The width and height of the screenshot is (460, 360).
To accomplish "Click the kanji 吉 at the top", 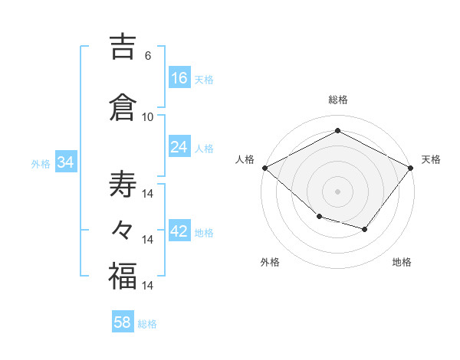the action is point(123,47).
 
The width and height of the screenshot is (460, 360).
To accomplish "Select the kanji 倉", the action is point(123,107).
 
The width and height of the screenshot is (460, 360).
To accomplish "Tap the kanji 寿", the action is point(123,184).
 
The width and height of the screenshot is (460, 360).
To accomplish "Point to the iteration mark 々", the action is point(122,230).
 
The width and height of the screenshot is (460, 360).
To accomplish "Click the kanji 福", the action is point(123,276).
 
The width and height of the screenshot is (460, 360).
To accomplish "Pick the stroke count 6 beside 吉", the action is point(148,56).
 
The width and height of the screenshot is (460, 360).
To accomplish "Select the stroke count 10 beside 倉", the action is point(147,117).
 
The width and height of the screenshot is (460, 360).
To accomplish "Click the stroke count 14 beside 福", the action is point(147,285).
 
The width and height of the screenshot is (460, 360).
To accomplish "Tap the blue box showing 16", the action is point(179,77).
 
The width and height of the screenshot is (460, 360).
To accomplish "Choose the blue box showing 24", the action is point(179,146).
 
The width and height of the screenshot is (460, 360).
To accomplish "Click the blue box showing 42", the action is point(179,230).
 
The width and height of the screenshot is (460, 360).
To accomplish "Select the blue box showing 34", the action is point(66,162).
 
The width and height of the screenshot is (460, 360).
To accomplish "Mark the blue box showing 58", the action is point(123,321).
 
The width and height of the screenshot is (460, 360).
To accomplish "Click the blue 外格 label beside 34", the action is point(41,164).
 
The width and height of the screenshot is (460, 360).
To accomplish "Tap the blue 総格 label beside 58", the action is point(147,324).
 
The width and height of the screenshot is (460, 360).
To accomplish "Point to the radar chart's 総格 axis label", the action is point(338,100).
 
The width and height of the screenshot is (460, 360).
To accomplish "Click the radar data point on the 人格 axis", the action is point(265,168).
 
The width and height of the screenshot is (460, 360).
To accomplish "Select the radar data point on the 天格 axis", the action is point(410,168).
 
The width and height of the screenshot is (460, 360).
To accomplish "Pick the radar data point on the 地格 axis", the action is point(364,229).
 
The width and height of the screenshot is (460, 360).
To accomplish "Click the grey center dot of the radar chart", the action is point(337,191).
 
